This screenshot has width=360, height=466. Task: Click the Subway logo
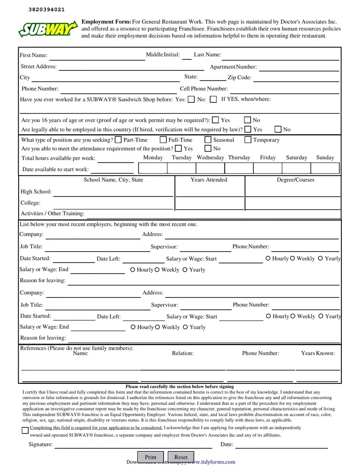point(48,29)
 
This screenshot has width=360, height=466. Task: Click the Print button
point(150,457)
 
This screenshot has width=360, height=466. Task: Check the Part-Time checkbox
point(118,140)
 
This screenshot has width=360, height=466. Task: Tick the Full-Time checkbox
point(163,140)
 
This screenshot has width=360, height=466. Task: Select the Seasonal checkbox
point(208,140)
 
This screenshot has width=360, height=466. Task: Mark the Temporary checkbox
point(248,140)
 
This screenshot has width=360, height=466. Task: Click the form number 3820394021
point(47,10)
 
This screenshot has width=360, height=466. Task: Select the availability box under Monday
point(153,168)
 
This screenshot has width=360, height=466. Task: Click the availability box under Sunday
point(325,168)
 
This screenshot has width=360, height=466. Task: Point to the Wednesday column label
point(210,158)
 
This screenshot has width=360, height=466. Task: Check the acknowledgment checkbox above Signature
point(25,431)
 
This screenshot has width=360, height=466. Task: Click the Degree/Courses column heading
point(296,180)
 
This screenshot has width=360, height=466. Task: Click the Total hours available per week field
point(115,159)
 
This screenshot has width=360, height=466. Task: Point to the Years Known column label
point(318,353)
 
